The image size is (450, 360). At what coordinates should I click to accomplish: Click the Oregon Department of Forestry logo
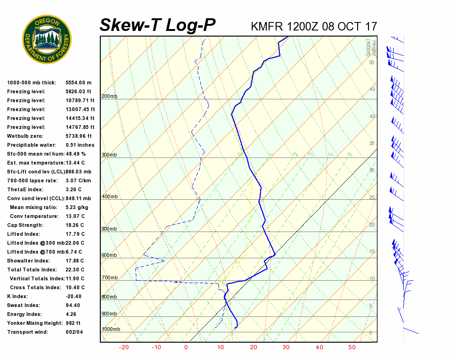coord(47,39)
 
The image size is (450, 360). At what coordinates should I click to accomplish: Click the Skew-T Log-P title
coord(157,25)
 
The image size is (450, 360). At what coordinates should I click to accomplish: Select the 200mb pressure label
coord(109,97)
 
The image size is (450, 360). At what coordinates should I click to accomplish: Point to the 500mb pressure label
coord(109,229)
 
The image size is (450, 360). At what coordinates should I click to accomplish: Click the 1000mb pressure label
coord(111,330)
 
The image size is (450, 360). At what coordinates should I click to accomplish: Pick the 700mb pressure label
coord(109,278)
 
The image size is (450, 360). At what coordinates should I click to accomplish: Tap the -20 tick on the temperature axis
coord(124,347)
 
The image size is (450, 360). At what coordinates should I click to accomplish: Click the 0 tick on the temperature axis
coord(186,347)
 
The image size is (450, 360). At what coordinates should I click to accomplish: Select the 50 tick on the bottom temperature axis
coord(352,347)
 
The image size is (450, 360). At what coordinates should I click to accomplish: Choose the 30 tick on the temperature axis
coord(286,347)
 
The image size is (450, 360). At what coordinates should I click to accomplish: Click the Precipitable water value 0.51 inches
coord(80,145)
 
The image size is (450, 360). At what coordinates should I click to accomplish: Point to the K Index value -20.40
coord(74,297)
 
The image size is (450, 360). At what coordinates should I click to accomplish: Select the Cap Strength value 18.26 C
coord(75,225)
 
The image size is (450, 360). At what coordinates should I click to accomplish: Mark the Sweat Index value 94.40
coord(73,306)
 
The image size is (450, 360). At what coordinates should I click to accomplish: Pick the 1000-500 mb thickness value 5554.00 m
coord(78,83)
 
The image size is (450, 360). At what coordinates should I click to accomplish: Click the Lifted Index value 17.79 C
coord(75,234)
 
